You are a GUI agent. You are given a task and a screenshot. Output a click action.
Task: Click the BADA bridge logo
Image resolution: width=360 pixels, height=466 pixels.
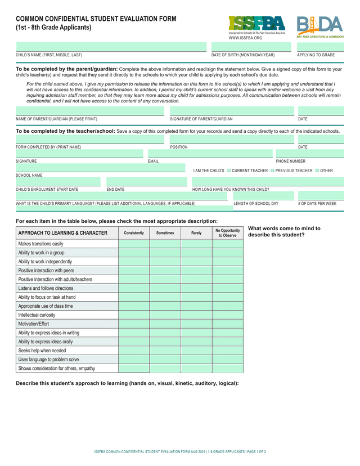tap(319, 25)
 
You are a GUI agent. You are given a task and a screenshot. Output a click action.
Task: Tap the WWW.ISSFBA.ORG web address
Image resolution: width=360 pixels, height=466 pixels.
tap(246, 38)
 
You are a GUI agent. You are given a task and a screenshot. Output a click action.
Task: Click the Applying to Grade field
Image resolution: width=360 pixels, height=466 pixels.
tap(320, 47)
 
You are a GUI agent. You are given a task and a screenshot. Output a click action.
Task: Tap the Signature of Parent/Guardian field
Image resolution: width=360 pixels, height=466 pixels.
tap(232, 110)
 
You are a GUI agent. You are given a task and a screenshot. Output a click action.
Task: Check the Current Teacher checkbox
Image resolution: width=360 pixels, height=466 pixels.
tap(229, 171)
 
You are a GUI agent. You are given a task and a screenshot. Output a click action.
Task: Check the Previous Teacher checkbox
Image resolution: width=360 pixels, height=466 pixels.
tap(273, 171)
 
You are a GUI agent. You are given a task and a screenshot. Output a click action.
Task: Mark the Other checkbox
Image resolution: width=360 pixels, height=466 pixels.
tap(318, 171)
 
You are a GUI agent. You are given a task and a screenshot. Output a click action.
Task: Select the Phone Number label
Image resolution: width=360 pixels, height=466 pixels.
tap(290, 161)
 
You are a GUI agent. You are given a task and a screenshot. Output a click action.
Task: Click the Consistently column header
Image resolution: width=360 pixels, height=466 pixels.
tap(134, 232)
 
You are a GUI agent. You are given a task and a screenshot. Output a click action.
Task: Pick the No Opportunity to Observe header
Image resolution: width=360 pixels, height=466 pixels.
tap(227, 232)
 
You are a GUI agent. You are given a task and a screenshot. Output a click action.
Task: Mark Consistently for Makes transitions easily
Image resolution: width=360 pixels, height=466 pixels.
tap(134, 244)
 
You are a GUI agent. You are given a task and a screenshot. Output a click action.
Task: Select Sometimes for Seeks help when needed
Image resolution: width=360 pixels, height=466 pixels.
tap(165, 351)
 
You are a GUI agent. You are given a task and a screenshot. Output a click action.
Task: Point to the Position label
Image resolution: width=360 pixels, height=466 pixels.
tap(179, 147)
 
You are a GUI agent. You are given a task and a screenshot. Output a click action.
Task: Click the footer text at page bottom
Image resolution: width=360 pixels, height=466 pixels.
tap(180, 451)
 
